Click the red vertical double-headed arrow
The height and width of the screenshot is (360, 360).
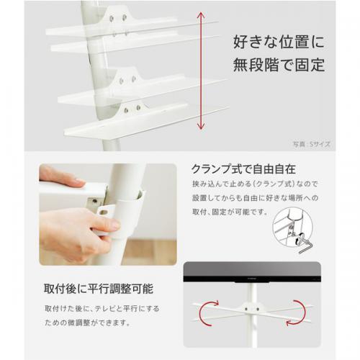pos(201,71)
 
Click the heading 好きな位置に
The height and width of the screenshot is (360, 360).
pos(279,42)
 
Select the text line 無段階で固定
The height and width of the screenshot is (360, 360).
pos(279,65)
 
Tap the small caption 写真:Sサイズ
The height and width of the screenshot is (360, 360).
pos(312,144)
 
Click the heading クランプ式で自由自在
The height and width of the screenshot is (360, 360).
pos(243,169)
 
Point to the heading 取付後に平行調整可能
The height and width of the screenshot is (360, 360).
pos(99,289)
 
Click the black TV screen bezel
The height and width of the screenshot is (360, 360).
pos(252,279)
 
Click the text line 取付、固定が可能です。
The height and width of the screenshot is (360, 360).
pos(230,212)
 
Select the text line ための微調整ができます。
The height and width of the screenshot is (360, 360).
pos(88,323)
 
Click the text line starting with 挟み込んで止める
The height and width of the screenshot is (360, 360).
pos(255,184)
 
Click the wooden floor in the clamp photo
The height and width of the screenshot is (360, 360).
pos(150,252)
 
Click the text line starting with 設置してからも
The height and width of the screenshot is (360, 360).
pos(256,198)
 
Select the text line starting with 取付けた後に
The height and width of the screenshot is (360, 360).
pos(102,309)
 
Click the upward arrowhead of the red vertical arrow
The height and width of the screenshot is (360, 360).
pos(201,15)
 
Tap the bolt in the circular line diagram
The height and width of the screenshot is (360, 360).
pos(300,239)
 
